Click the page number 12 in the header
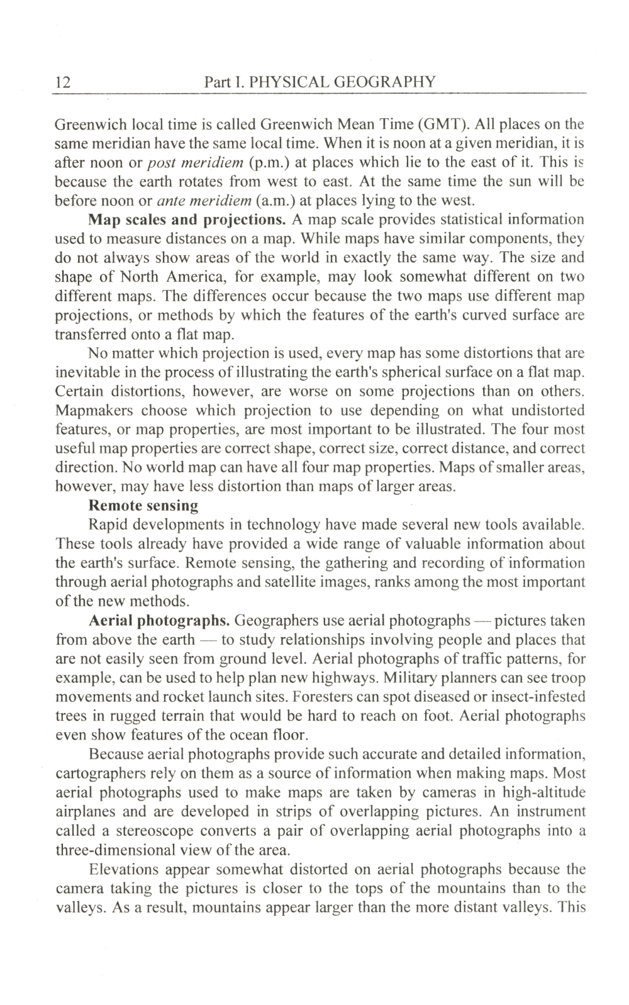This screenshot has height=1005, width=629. click(64, 82)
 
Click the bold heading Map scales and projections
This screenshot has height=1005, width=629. click(187, 220)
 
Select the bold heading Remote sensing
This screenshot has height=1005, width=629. click(143, 506)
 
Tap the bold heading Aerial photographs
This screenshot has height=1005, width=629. click(159, 621)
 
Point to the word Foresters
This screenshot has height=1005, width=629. click(336, 697)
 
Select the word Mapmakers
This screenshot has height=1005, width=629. click(94, 411)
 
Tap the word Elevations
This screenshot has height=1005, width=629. click(125, 870)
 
